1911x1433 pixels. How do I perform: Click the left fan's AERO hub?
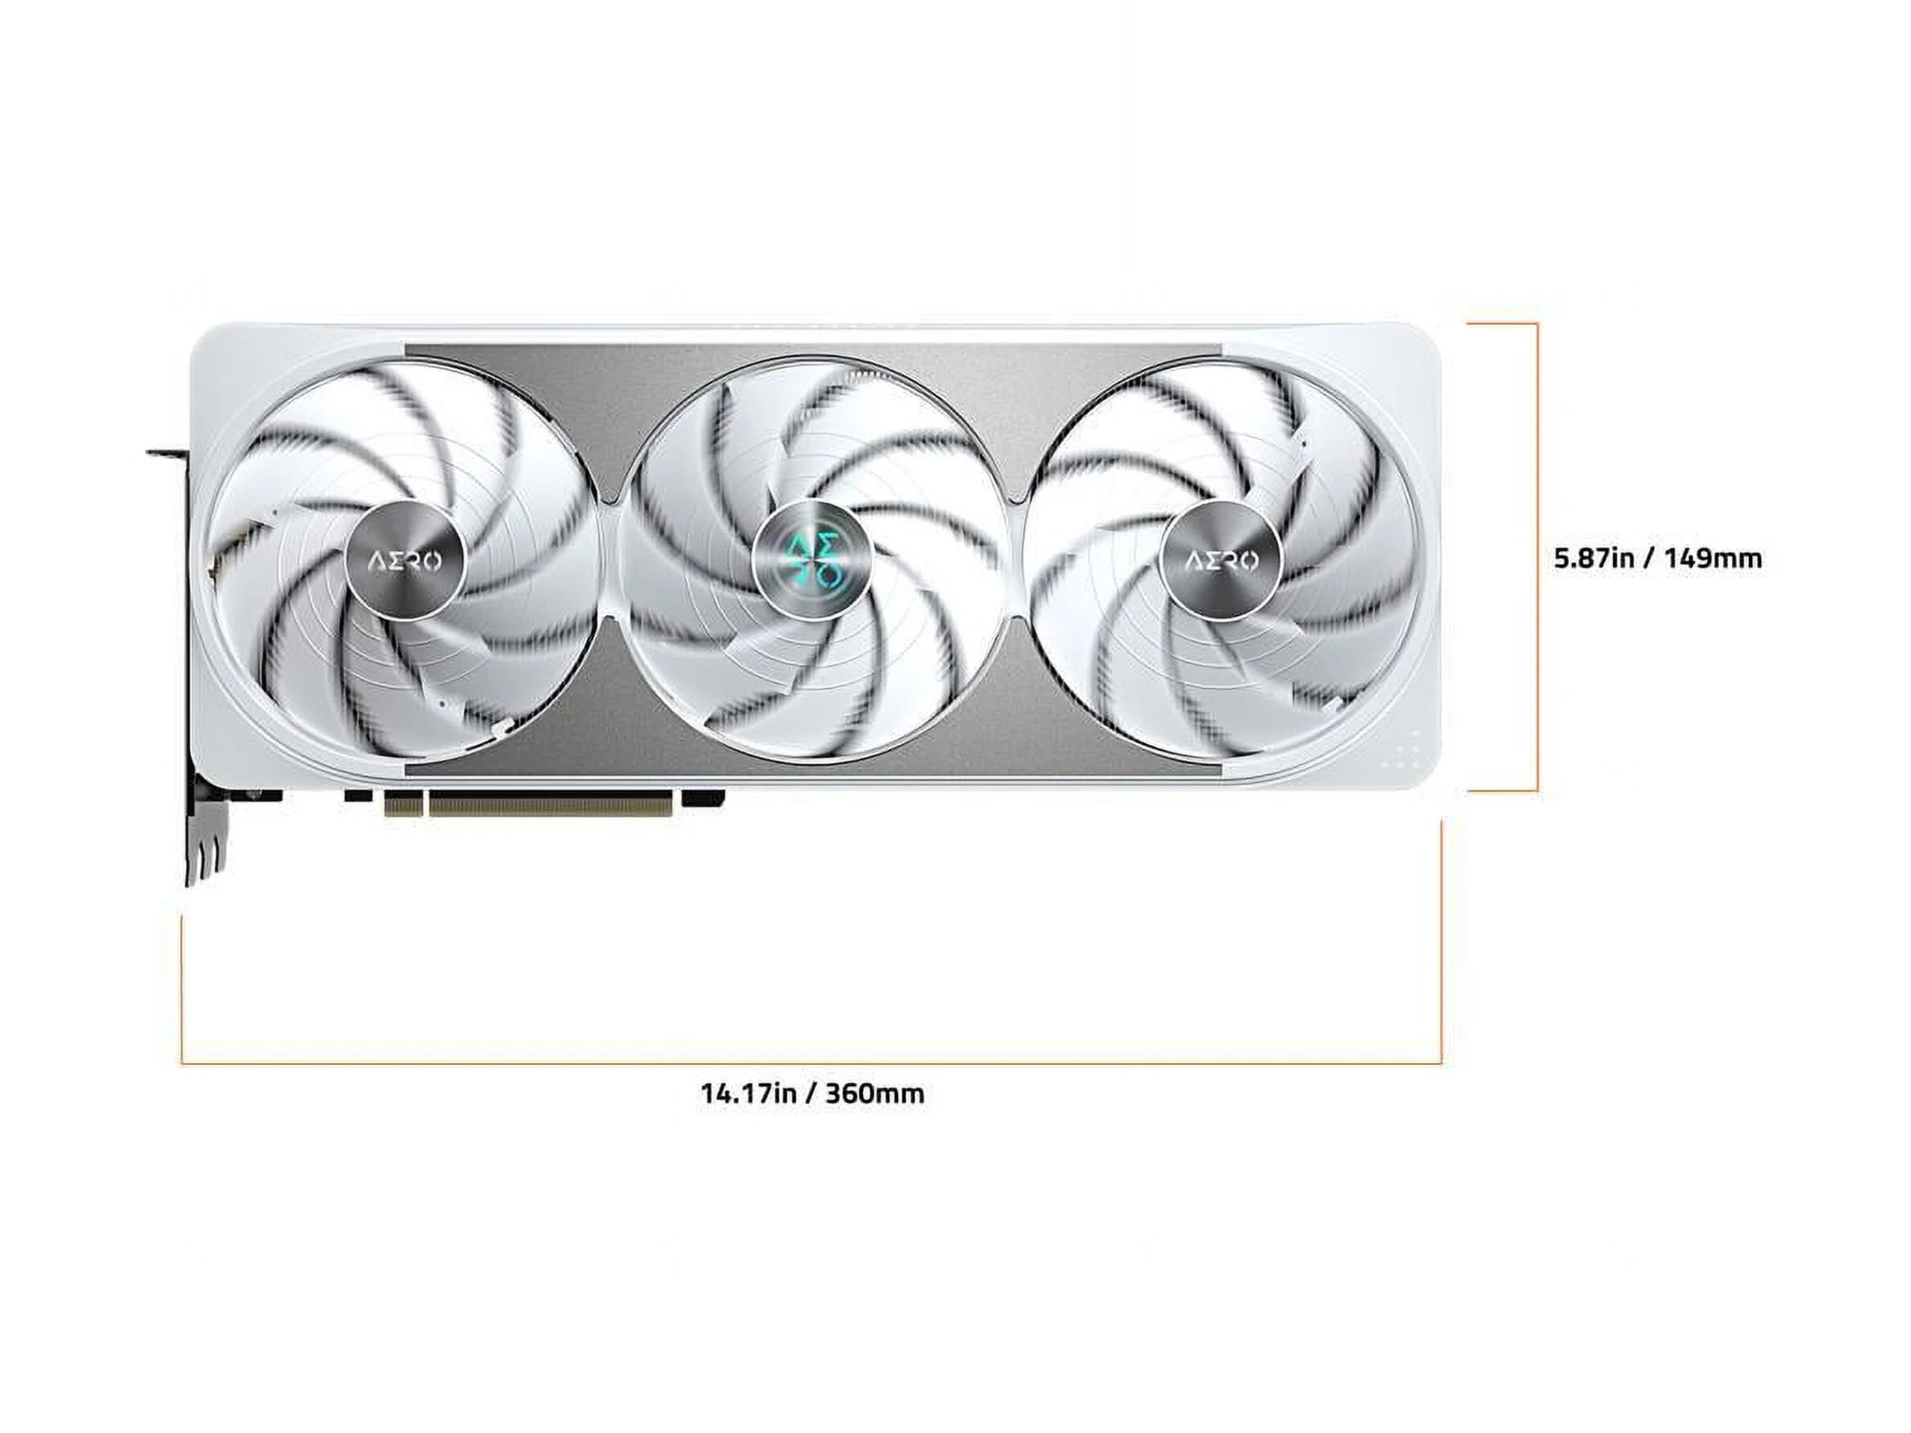coord(405,561)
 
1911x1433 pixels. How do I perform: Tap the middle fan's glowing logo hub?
coord(813,561)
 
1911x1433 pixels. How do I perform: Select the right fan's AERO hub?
coord(1220,561)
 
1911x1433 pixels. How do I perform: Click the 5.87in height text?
coord(1594,558)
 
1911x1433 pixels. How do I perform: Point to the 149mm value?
coord(1713,558)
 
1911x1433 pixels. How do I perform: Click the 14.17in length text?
coord(747,1093)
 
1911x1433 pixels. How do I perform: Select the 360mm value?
coord(874,1093)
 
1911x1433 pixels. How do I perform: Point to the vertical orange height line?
coord(1537,556)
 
